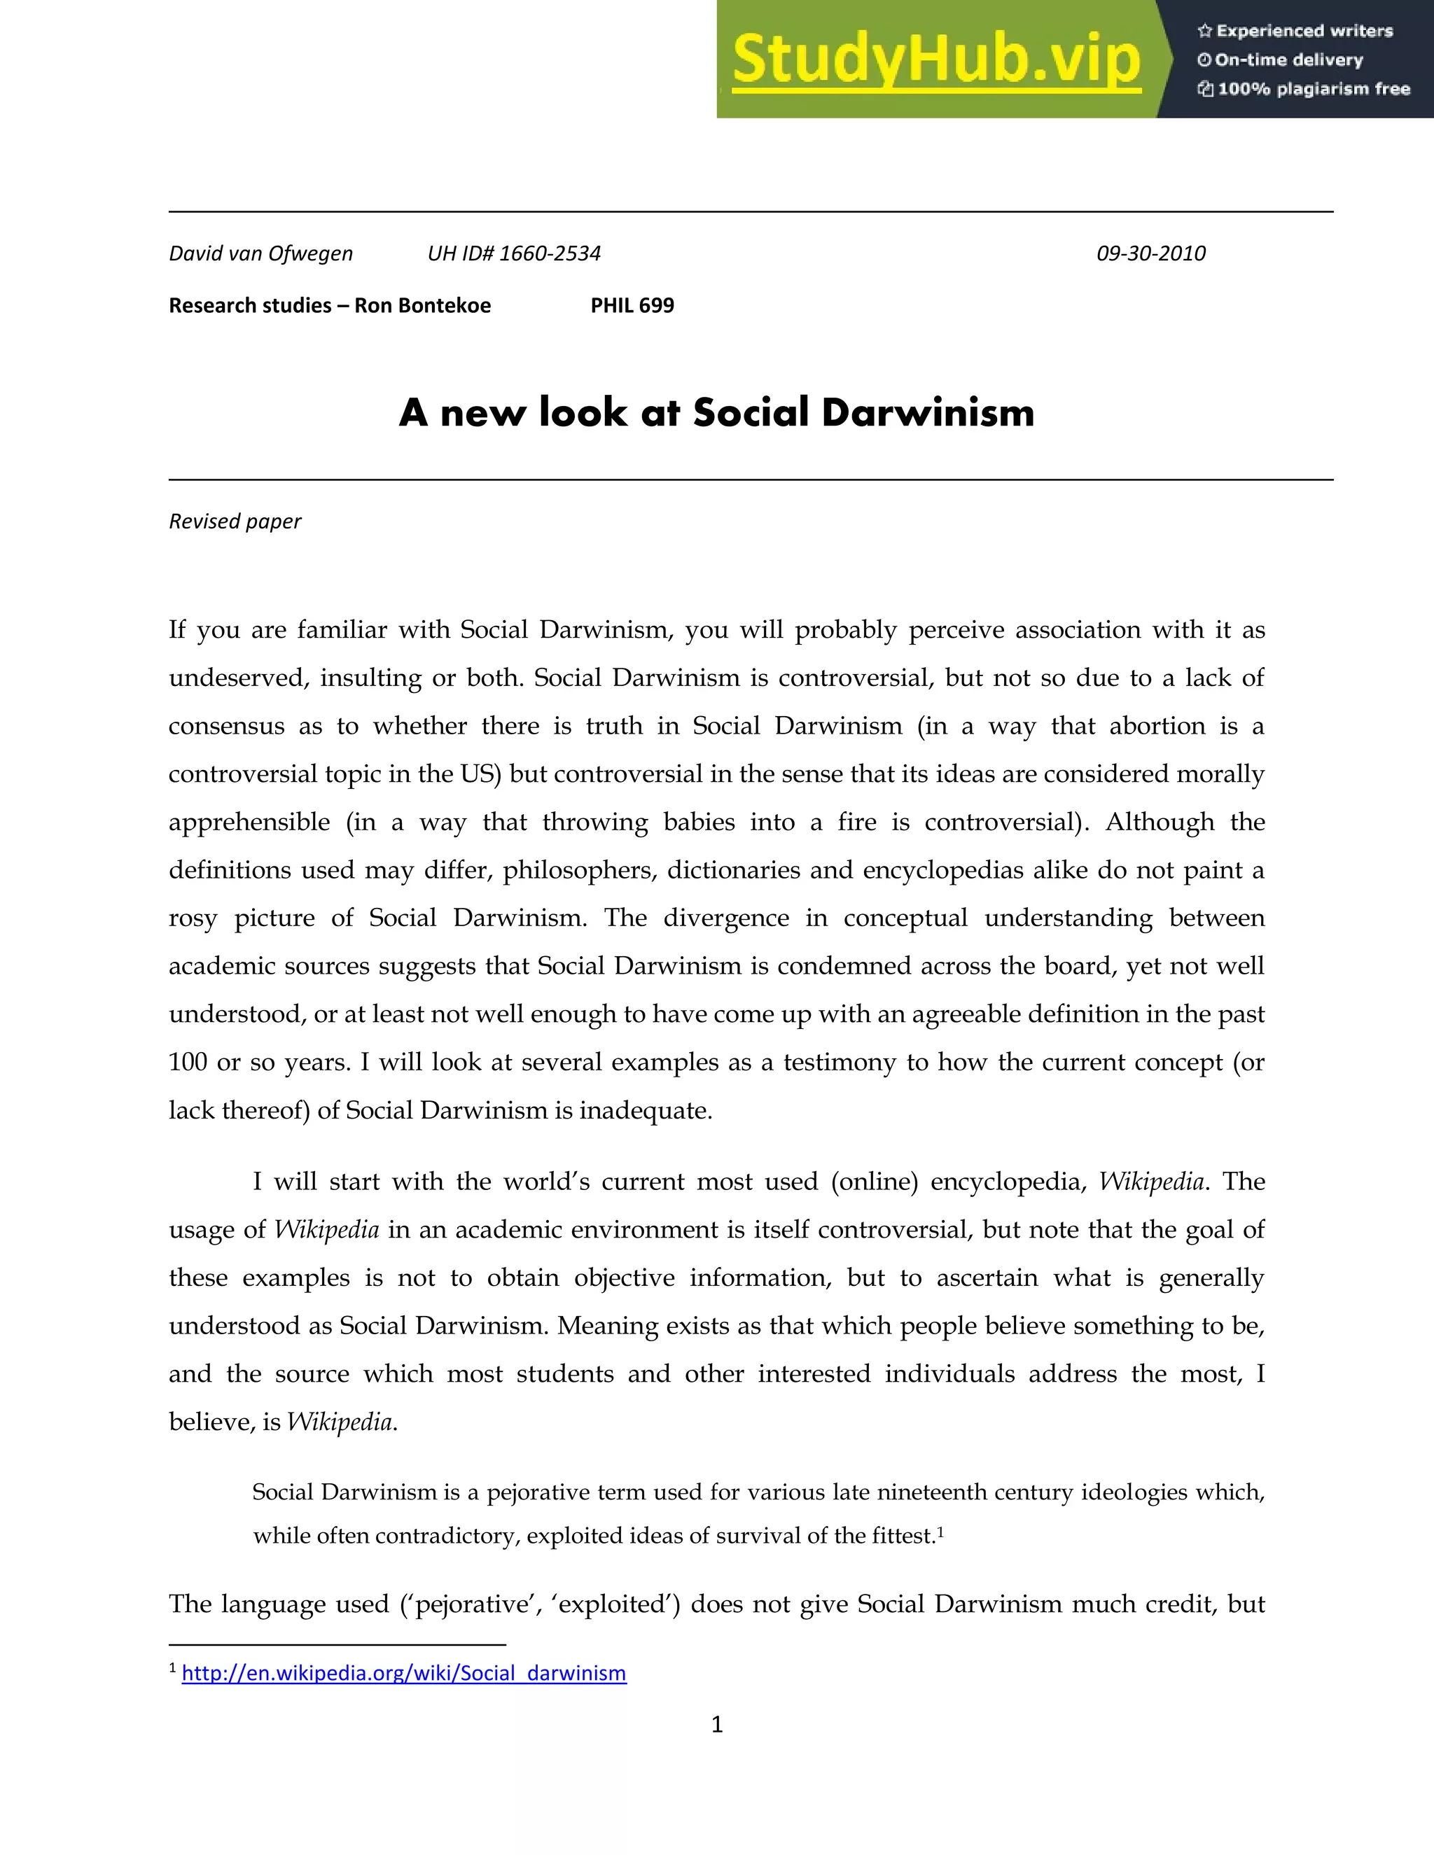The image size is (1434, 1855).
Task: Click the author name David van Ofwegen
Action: pyautogui.click(x=260, y=253)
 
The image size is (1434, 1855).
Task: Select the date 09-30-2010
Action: pyautogui.click(x=1150, y=253)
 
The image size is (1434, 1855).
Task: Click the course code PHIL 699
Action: pyautogui.click(x=632, y=306)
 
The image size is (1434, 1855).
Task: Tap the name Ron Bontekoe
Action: pyautogui.click(x=422, y=306)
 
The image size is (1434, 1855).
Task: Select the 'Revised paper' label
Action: pyautogui.click(x=235, y=521)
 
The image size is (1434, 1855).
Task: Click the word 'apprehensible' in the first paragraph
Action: pyautogui.click(x=249, y=822)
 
